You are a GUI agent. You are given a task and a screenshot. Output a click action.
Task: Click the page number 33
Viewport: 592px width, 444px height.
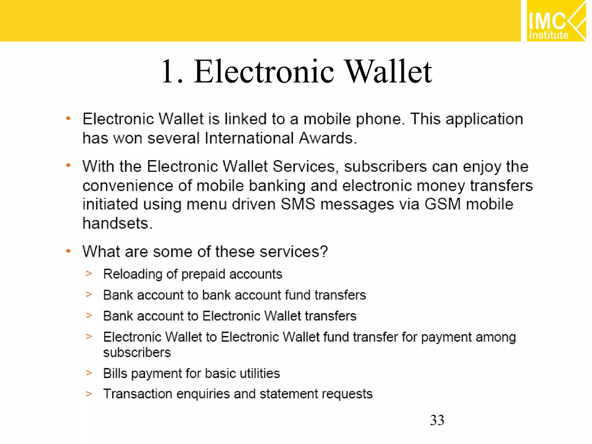tap(437, 420)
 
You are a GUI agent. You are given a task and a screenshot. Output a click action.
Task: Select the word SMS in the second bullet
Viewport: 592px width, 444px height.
tap(298, 204)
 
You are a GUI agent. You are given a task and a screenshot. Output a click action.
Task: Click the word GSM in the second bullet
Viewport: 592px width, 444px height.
tap(442, 204)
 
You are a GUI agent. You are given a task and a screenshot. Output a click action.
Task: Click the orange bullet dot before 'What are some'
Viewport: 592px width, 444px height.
tap(68, 251)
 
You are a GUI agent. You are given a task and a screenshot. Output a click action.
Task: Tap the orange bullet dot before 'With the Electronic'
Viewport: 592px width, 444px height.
tap(68, 166)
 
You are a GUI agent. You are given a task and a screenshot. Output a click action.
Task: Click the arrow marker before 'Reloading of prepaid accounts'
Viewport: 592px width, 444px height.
tap(89, 273)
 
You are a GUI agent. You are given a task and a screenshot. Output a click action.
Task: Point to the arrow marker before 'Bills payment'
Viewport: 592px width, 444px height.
tap(89, 373)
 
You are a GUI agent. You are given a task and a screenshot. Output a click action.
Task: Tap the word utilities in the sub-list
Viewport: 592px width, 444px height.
tap(260, 373)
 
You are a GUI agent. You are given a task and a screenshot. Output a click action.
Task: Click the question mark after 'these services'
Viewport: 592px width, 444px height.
tap(324, 251)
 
